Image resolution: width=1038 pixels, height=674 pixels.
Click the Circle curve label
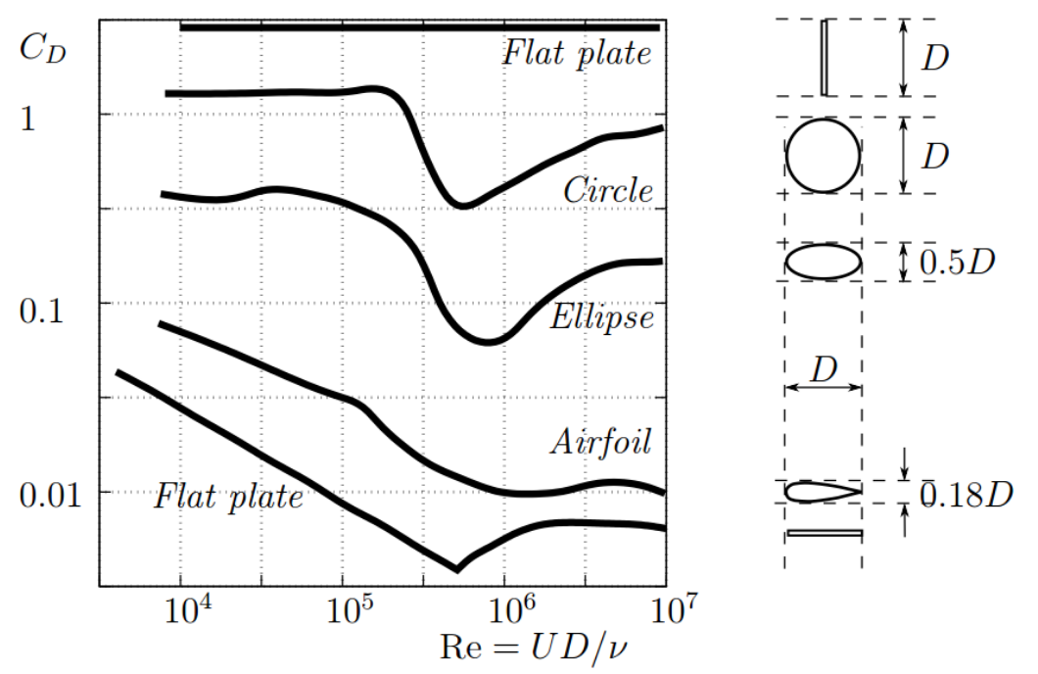coord(607,191)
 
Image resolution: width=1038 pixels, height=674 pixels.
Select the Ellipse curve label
coord(600,318)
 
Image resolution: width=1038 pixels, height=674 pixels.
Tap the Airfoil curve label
coord(600,443)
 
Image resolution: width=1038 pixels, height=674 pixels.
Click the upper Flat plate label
coord(577,52)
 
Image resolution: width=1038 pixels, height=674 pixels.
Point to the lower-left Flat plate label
coord(228,498)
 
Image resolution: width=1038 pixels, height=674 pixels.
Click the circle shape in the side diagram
coord(824,156)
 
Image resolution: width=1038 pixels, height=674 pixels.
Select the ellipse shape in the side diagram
coord(824,262)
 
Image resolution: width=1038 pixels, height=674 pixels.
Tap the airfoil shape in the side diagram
coord(821,492)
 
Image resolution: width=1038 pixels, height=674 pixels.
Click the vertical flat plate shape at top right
coord(824,58)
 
